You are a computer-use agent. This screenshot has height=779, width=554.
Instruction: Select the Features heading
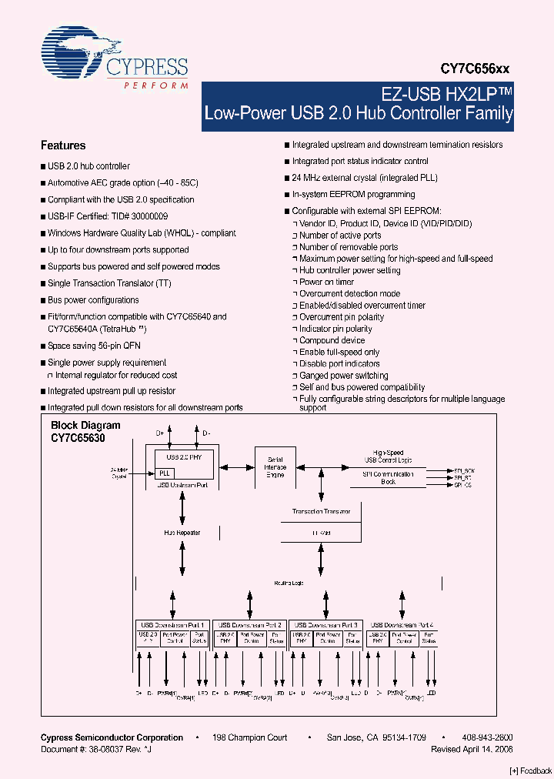point(63,145)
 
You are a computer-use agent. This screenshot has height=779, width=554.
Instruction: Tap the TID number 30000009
point(145,216)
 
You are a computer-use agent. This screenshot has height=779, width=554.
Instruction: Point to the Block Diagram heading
point(85,426)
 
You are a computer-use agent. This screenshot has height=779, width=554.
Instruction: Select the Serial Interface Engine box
point(275,467)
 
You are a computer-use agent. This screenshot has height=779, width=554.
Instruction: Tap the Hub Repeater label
point(182,532)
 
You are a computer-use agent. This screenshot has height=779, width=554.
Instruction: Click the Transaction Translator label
point(322,511)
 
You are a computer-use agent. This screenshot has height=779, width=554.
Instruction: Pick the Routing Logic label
point(289,583)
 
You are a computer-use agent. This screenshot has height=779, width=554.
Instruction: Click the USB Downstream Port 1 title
point(172,625)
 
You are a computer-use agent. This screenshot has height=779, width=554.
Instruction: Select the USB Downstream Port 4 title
point(402,625)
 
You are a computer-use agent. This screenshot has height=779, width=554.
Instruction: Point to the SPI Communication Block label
point(389,478)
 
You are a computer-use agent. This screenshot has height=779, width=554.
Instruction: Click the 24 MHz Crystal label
point(119,473)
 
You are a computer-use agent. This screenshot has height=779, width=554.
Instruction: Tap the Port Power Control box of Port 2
point(251,638)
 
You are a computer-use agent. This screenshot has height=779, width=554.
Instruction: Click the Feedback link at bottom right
point(531,771)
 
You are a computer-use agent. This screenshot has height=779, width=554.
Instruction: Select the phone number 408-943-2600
point(488,737)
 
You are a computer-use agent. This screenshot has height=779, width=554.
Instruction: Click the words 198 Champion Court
point(250,737)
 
